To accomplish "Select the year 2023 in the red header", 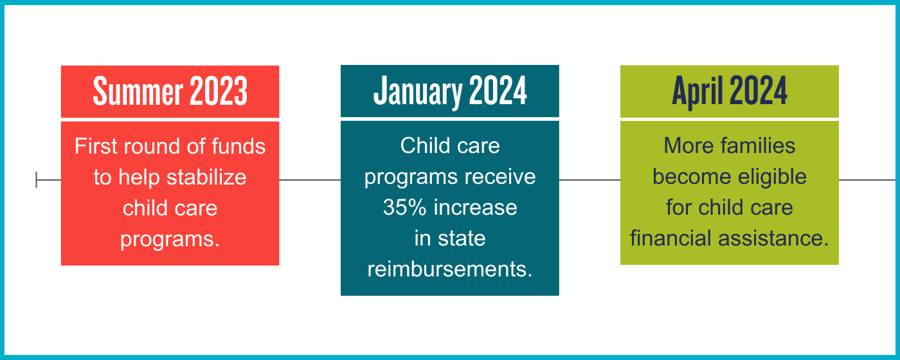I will (219, 92).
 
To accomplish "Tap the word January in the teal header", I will (418, 92).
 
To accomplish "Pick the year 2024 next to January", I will (498, 92).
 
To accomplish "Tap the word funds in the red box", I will (239, 147).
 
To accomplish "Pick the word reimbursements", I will (449, 269).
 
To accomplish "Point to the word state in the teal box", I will (462, 239).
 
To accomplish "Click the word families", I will (758, 146).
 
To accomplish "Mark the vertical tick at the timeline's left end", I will (37, 180).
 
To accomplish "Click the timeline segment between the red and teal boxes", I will (310, 180).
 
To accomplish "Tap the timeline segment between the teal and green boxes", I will (589, 180).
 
